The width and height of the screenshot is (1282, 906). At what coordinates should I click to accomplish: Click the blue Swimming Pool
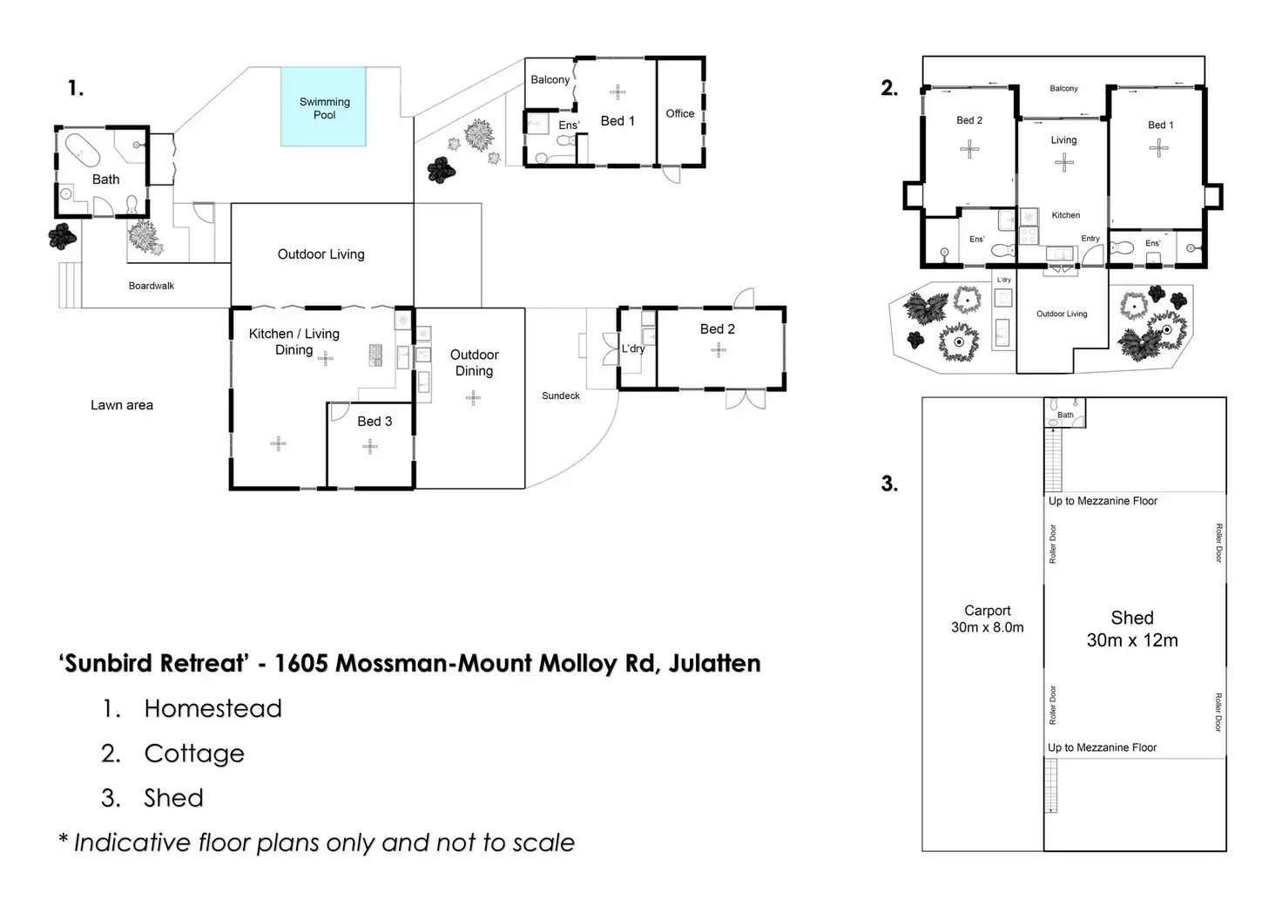[x=324, y=107]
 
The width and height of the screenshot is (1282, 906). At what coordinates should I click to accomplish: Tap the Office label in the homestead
[x=680, y=113]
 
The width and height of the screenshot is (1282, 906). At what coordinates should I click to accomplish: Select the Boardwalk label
[x=152, y=286]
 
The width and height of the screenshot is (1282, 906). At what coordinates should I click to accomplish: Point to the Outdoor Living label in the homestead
[x=320, y=254]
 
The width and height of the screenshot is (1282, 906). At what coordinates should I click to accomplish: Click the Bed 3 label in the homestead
[x=374, y=422]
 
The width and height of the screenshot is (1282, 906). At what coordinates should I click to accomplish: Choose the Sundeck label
[x=561, y=396]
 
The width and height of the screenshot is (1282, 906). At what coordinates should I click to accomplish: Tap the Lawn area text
[x=122, y=405]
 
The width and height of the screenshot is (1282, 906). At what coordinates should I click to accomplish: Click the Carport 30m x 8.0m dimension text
[x=987, y=619]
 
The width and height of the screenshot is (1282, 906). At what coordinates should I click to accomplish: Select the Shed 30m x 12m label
[x=1132, y=629]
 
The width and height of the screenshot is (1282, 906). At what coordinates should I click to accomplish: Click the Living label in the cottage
[x=1063, y=140]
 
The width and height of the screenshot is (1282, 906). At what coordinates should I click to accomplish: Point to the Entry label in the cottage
[x=1090, y=239]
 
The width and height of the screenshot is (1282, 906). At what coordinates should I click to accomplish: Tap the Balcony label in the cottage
[x=1063, y=89]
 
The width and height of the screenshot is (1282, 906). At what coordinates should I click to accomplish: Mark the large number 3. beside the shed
[x=889, y=483]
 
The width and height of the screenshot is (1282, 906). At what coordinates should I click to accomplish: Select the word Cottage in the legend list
[x=194, y=754]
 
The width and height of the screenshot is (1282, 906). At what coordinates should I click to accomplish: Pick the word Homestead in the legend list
[x=213, y=709]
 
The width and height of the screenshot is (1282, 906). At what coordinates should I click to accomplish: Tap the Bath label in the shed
[x=1065, y=416]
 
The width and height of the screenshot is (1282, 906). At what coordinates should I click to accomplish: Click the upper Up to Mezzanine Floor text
[x=1103, y=501]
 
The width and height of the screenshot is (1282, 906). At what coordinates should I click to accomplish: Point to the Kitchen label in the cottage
[x=1065, y=215]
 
